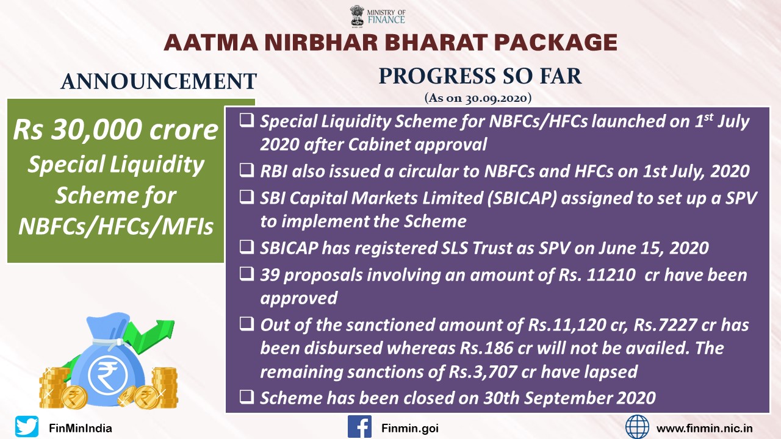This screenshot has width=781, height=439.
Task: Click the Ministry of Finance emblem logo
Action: point(357,16)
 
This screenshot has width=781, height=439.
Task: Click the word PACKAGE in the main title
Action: point(555,43)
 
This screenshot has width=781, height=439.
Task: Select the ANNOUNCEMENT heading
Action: point(159,81)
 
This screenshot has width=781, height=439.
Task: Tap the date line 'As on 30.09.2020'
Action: point(478,98)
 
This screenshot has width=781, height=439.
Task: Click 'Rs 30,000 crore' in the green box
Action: point(115,130)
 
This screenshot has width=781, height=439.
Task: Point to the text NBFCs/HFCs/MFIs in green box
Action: point(115,226)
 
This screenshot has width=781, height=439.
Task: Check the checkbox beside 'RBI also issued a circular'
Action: point(247,170)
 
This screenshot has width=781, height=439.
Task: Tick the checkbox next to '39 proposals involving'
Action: point(247,274)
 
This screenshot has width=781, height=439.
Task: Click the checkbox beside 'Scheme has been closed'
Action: point(247,397)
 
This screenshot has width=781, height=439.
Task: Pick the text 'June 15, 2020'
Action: point(653,248)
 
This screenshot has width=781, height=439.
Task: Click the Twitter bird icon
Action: point(27,426)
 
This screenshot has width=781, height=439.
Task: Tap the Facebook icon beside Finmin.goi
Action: point(359,426)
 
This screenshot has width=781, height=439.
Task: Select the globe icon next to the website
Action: point(637,426)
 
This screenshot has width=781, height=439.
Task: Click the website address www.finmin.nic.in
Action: point(704,428)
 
